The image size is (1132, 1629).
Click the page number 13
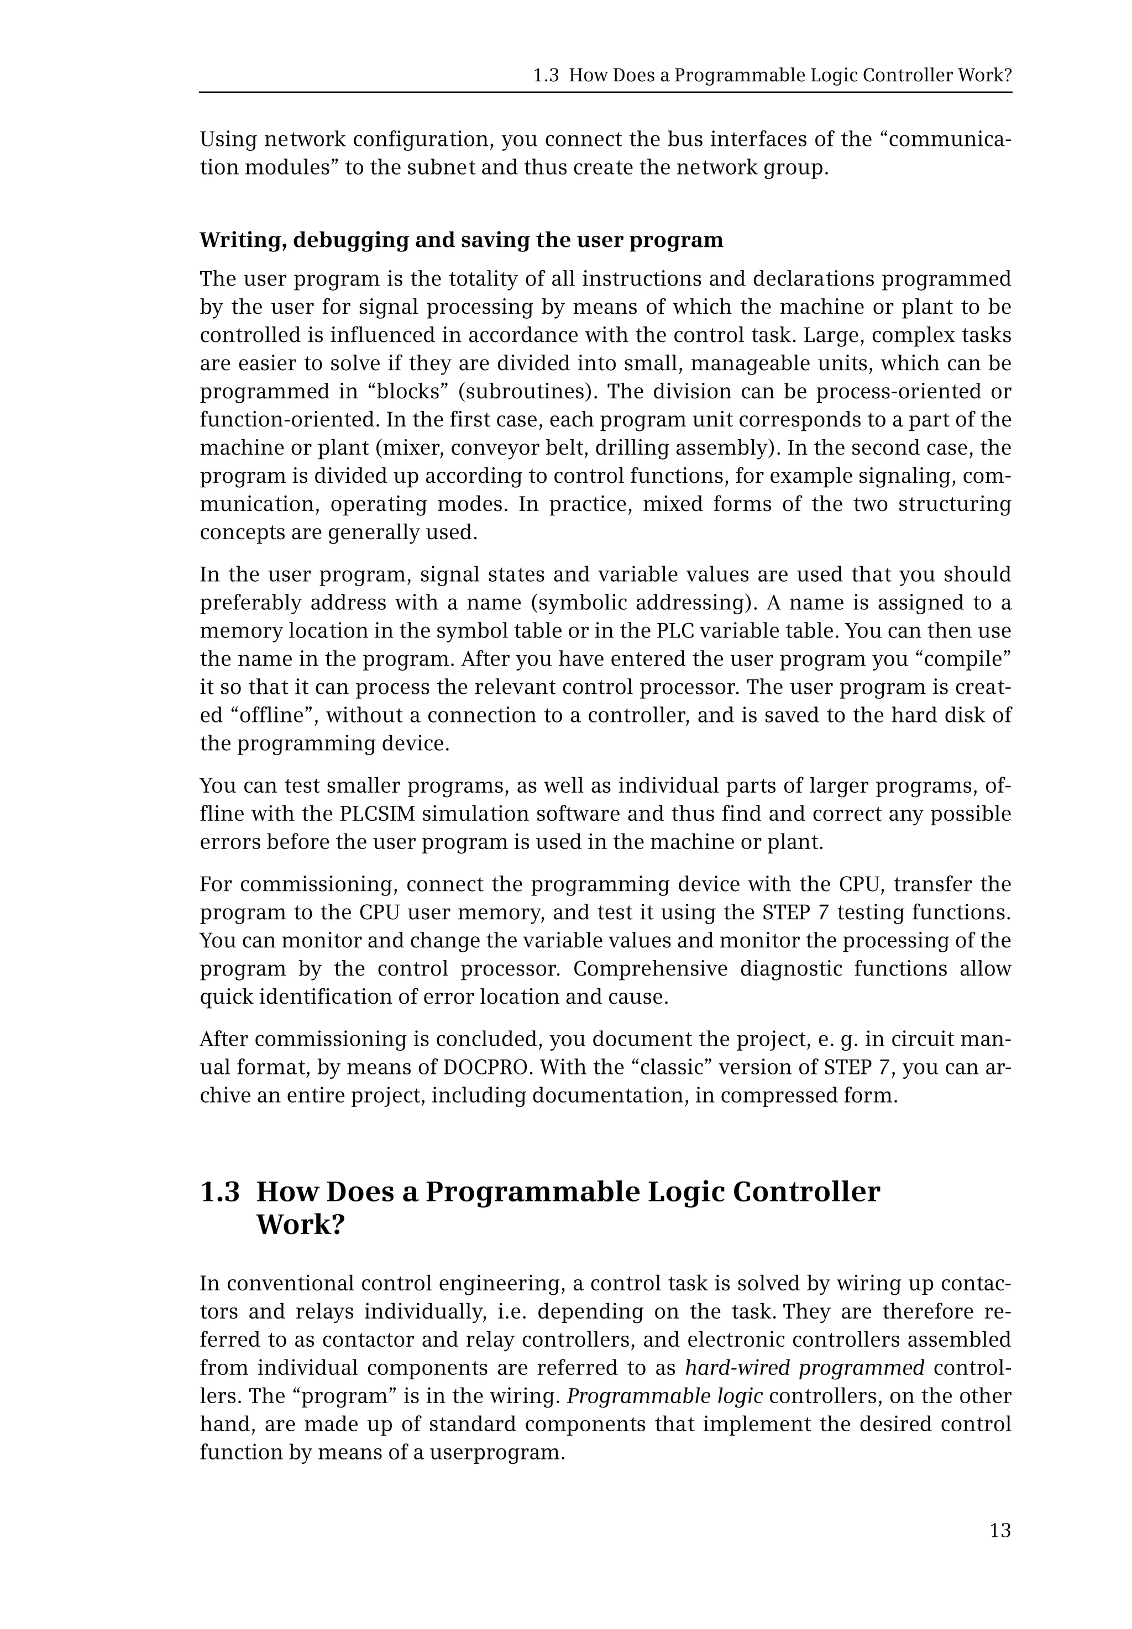pos(1000,1531)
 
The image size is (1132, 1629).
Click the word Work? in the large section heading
pos(300,1224)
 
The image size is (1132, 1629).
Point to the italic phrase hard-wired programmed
pos(804,1367)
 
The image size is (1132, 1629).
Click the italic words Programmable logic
pos(664,1396)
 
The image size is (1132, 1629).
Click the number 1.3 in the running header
pos(546,76)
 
